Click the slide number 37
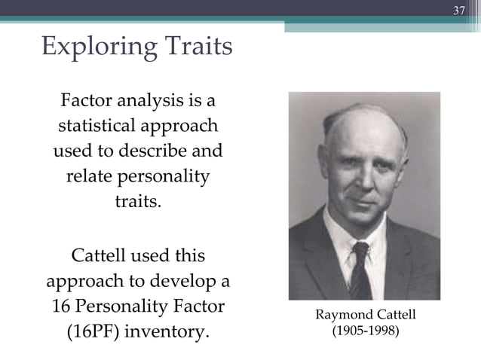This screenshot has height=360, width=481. click(x=459, y=11)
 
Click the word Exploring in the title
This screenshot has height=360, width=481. click(x=89, y=48)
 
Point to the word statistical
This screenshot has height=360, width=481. click(x=97, y=125)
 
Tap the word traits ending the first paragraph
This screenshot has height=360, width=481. click(x=137, y=202)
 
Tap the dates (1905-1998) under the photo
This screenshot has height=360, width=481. click(x=366, y=330)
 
